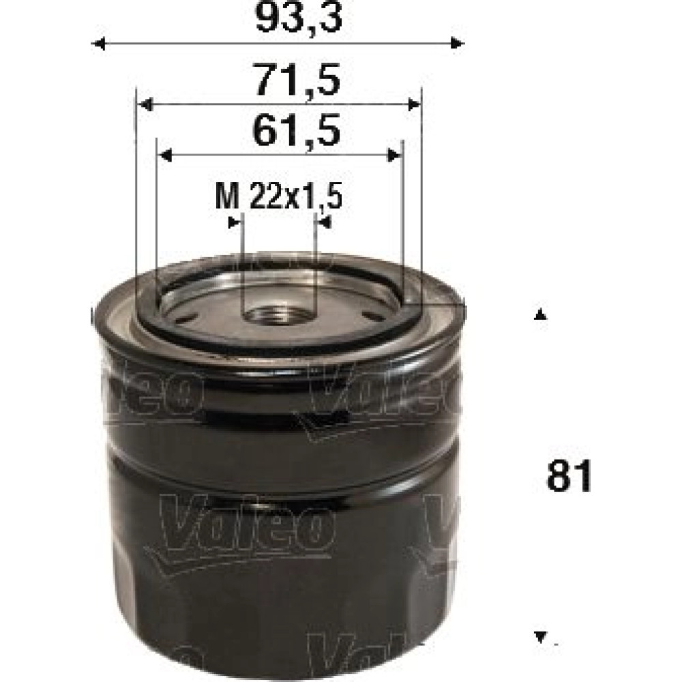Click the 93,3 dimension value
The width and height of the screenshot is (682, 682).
[x=299, y=18]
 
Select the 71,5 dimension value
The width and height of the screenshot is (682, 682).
[x=298, y=80]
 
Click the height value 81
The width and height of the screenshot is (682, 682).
[x=569, y=476]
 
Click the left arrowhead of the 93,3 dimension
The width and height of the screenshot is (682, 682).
[x=99, y=44]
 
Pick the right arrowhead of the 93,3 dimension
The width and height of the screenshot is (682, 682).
[x=457, y=44]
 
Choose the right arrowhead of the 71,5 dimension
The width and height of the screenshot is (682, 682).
[x=414, y=104]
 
